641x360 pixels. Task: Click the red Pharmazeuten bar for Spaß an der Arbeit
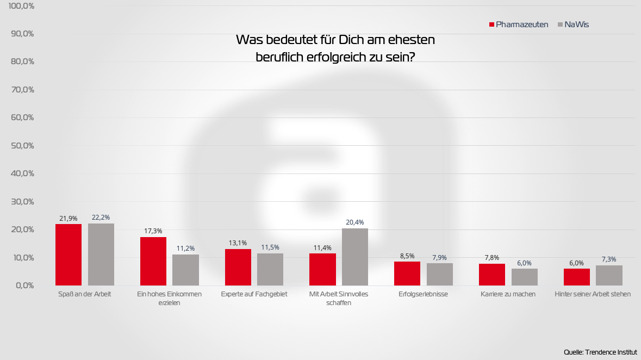click(x=69, y=255)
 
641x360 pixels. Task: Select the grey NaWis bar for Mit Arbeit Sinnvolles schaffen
click(x=355, y=257)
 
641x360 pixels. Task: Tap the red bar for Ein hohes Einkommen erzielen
click(x=153, y=261)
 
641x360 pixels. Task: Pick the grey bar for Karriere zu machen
click(x=525, y=277)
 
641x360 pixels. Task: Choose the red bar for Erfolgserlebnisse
click(x=407, y=274)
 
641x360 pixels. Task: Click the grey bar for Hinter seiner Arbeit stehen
click(x=609, y=275)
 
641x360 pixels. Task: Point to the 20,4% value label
click(x=355, y=222)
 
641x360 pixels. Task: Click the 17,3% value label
click(x=153, y=231)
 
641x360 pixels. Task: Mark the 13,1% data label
click(x=238, y=243)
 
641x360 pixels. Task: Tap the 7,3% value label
click(x=609, y=259)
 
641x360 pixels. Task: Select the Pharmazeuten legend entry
click(x=519, y=24)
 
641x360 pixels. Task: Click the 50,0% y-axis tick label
click(x=22, y=146)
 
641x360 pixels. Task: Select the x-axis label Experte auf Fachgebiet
click(x=254, y=294)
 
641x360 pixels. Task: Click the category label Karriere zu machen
click(x=508, y=294)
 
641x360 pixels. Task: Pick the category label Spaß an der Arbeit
click(x=85, y=294)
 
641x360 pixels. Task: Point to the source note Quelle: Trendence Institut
click(x=601, y=352)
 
